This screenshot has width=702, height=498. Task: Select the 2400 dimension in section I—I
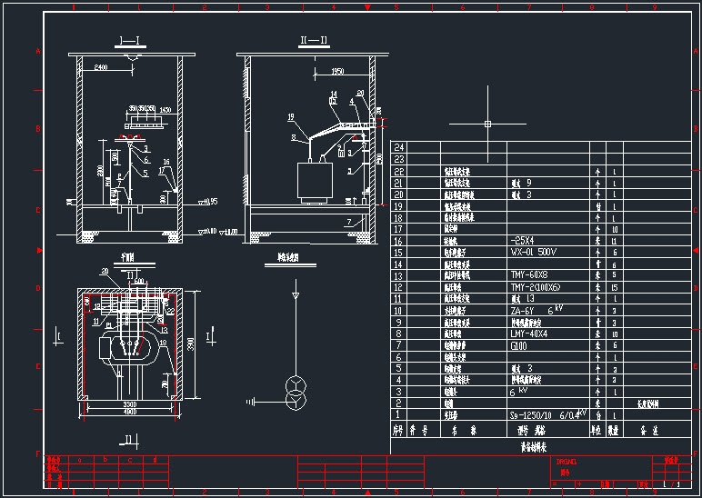(101, 67)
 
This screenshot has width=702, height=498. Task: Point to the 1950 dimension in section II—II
(337, 70)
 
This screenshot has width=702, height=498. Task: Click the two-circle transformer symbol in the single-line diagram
(295, 386)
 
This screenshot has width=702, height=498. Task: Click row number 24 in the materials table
(397, 146)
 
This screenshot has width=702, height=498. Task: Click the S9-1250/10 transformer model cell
(543, 414)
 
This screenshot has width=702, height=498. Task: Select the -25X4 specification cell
(523, 241)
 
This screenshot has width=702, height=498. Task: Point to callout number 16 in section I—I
(165, 161)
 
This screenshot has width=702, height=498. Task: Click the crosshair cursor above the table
(487, 123)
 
